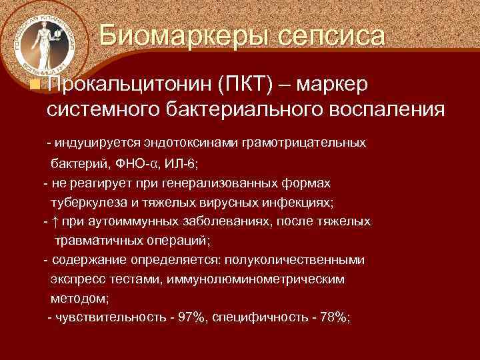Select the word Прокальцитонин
coord(128,85)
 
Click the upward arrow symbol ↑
coord(54,222)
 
